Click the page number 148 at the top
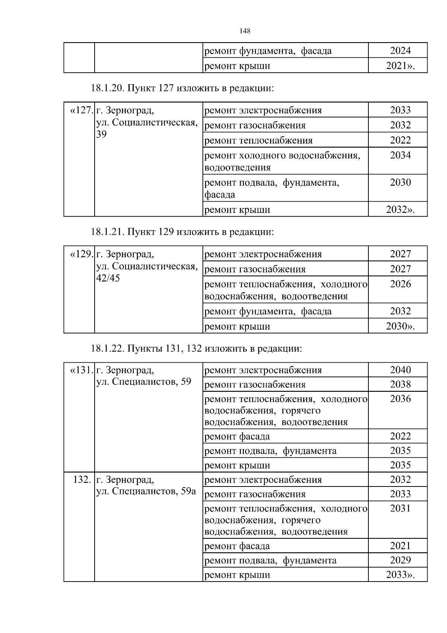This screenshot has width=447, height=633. pos(245,31)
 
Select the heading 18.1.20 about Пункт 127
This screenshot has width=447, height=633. pos(182,88)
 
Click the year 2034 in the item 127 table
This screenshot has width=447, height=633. pos(400,155)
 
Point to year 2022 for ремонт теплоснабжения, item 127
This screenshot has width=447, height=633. pos(400,141)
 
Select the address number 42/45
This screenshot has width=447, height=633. pos(108,278)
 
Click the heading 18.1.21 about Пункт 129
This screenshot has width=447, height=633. pos(182,232)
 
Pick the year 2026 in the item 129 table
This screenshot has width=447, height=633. pos(400,284)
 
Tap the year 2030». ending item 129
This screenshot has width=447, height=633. pos(400,327)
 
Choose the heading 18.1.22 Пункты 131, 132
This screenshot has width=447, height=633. pos(196,349)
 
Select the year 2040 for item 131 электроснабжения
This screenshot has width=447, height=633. pos(400,370)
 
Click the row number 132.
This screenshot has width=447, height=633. pos(82,480)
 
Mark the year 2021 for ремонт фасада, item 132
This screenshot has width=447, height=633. pos(400,546)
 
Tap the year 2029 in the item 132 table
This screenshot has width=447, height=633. pos(400,560)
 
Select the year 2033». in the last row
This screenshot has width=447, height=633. pos(400,575)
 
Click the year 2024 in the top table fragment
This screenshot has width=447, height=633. pos(400,51)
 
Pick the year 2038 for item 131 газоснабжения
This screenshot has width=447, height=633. pos(400,385)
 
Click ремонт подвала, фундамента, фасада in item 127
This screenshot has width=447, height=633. pos(272,189)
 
